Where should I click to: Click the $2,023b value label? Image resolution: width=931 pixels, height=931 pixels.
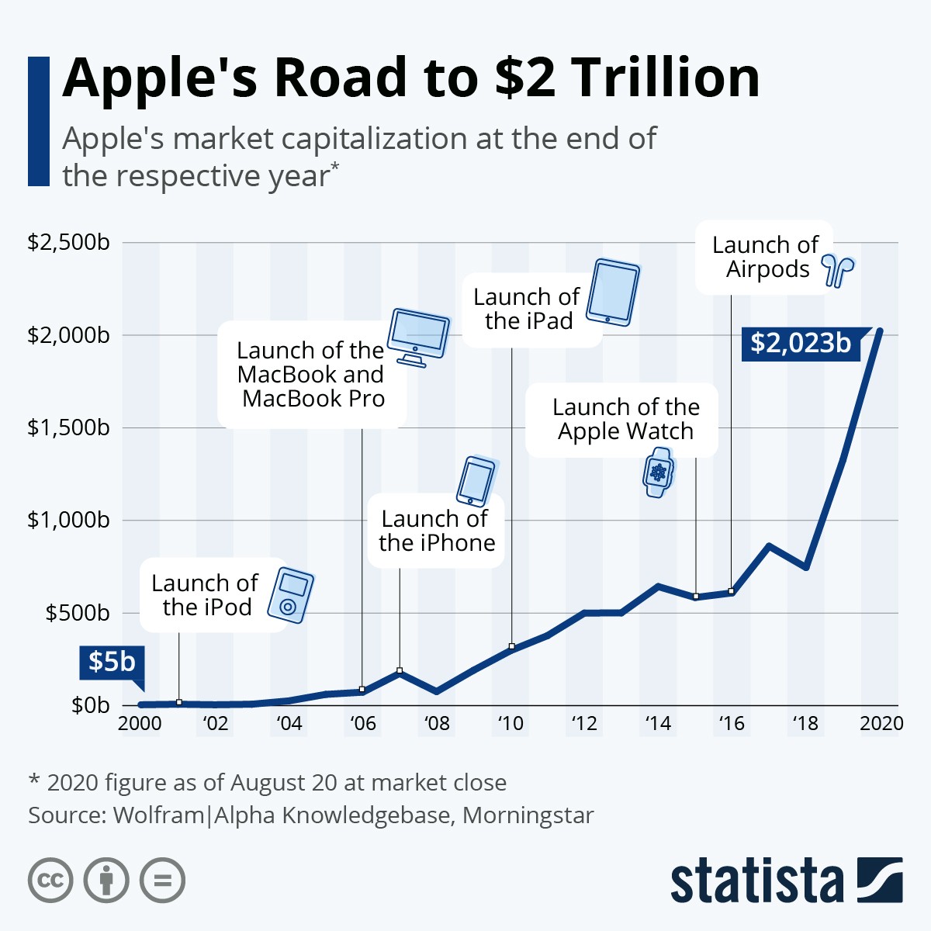click(801, 343)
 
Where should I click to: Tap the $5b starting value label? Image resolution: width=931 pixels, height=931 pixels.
click(111, 662)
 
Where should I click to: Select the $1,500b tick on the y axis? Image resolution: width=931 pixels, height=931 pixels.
click(68, 427)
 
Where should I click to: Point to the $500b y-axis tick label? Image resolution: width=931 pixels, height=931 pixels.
click(77, 613)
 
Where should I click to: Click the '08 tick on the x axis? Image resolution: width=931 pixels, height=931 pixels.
click(437, 724)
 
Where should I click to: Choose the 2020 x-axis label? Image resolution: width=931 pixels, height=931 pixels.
click(881, 724)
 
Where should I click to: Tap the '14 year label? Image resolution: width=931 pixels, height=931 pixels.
click(658, 724)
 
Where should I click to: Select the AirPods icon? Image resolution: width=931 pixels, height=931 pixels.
click(838, 270)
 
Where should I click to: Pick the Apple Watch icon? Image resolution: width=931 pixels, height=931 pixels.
click(659, 472)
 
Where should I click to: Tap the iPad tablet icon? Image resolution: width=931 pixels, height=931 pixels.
click(613, 292)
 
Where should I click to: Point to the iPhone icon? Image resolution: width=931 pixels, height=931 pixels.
click(476, 481)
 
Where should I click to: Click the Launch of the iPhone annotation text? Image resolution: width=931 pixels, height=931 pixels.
click(436, 531)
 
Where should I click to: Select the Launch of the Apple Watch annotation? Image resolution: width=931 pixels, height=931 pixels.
click(625, 419)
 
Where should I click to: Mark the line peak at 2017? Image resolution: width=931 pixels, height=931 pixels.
click(769, 546)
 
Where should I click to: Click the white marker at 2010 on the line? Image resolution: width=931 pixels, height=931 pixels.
click(512, 646)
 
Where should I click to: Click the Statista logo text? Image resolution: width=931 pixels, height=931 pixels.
click(756, 881)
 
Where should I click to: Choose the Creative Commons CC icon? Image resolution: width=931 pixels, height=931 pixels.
click(50, 881)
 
